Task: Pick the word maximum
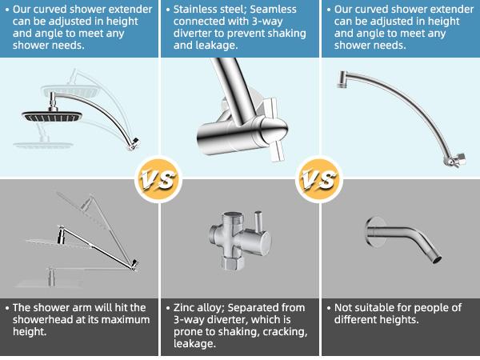click(128, 320)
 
